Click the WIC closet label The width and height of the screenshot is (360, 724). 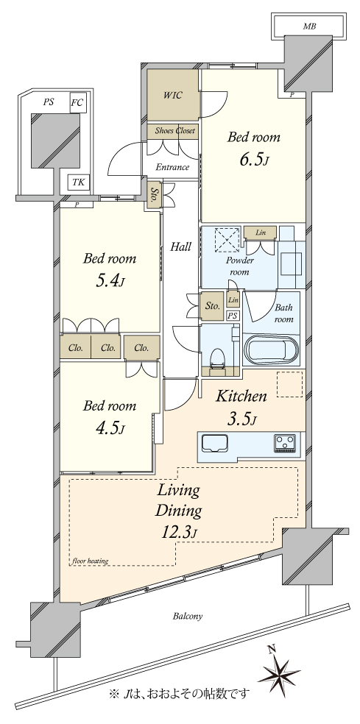click(x=172, y=96)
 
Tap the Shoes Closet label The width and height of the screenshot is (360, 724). click(x=174, y=131)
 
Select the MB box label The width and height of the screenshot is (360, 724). click(x=309, y=26)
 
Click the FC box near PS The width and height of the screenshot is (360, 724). click(x=77, y=102)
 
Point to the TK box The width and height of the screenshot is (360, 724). click(x=79, y=182)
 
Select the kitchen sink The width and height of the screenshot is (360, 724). click(x=216, y=443)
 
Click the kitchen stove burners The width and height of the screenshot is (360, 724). click(x=286, y=443)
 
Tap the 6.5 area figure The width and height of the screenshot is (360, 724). click(x=253, y=160)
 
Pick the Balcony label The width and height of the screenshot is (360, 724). click(x=188, y=616)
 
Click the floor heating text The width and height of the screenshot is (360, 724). click(x=90, y=561)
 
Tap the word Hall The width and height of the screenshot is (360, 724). click(x=180, y=247)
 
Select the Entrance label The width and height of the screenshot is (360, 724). click(x=172, y=167)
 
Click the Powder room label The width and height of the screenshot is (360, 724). click(x=240, y=266)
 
